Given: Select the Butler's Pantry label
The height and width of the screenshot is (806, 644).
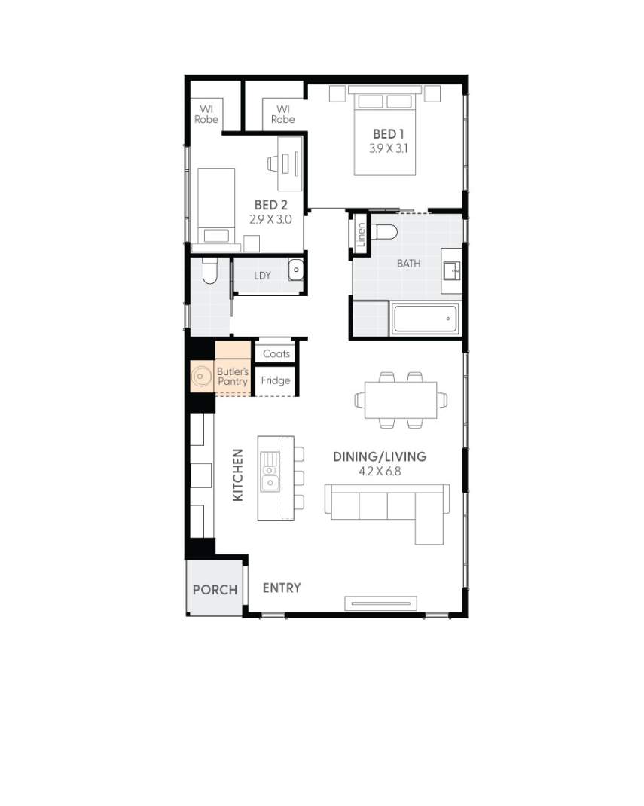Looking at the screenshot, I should tap(232, 377).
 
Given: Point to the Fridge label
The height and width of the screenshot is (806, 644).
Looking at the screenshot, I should tap(276, 380).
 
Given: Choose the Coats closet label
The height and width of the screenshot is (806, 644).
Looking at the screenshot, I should tap(276, 353).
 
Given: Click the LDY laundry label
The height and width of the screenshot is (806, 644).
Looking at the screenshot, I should tap(262, 276).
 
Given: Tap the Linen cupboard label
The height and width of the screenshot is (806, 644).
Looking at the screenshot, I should tap(361, 235).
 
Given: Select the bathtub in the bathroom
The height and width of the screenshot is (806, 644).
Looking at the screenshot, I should tap(425, 319).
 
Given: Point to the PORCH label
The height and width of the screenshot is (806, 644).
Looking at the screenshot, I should tap(215, 590).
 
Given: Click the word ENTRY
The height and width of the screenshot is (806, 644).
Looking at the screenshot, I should tap(282, 588).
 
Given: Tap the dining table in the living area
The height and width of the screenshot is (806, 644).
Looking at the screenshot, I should tap(401, 400).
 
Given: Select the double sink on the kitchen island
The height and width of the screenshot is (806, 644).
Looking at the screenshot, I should tap(269, 472).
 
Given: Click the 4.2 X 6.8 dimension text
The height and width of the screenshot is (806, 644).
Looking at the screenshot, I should tap(380, 472).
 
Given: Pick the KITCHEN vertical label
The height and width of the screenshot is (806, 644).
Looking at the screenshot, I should tap(237, 475).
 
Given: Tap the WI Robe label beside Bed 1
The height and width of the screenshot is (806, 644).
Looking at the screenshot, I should tap(283, 114).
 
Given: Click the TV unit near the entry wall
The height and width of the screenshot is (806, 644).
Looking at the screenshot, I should tap(380, 602).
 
